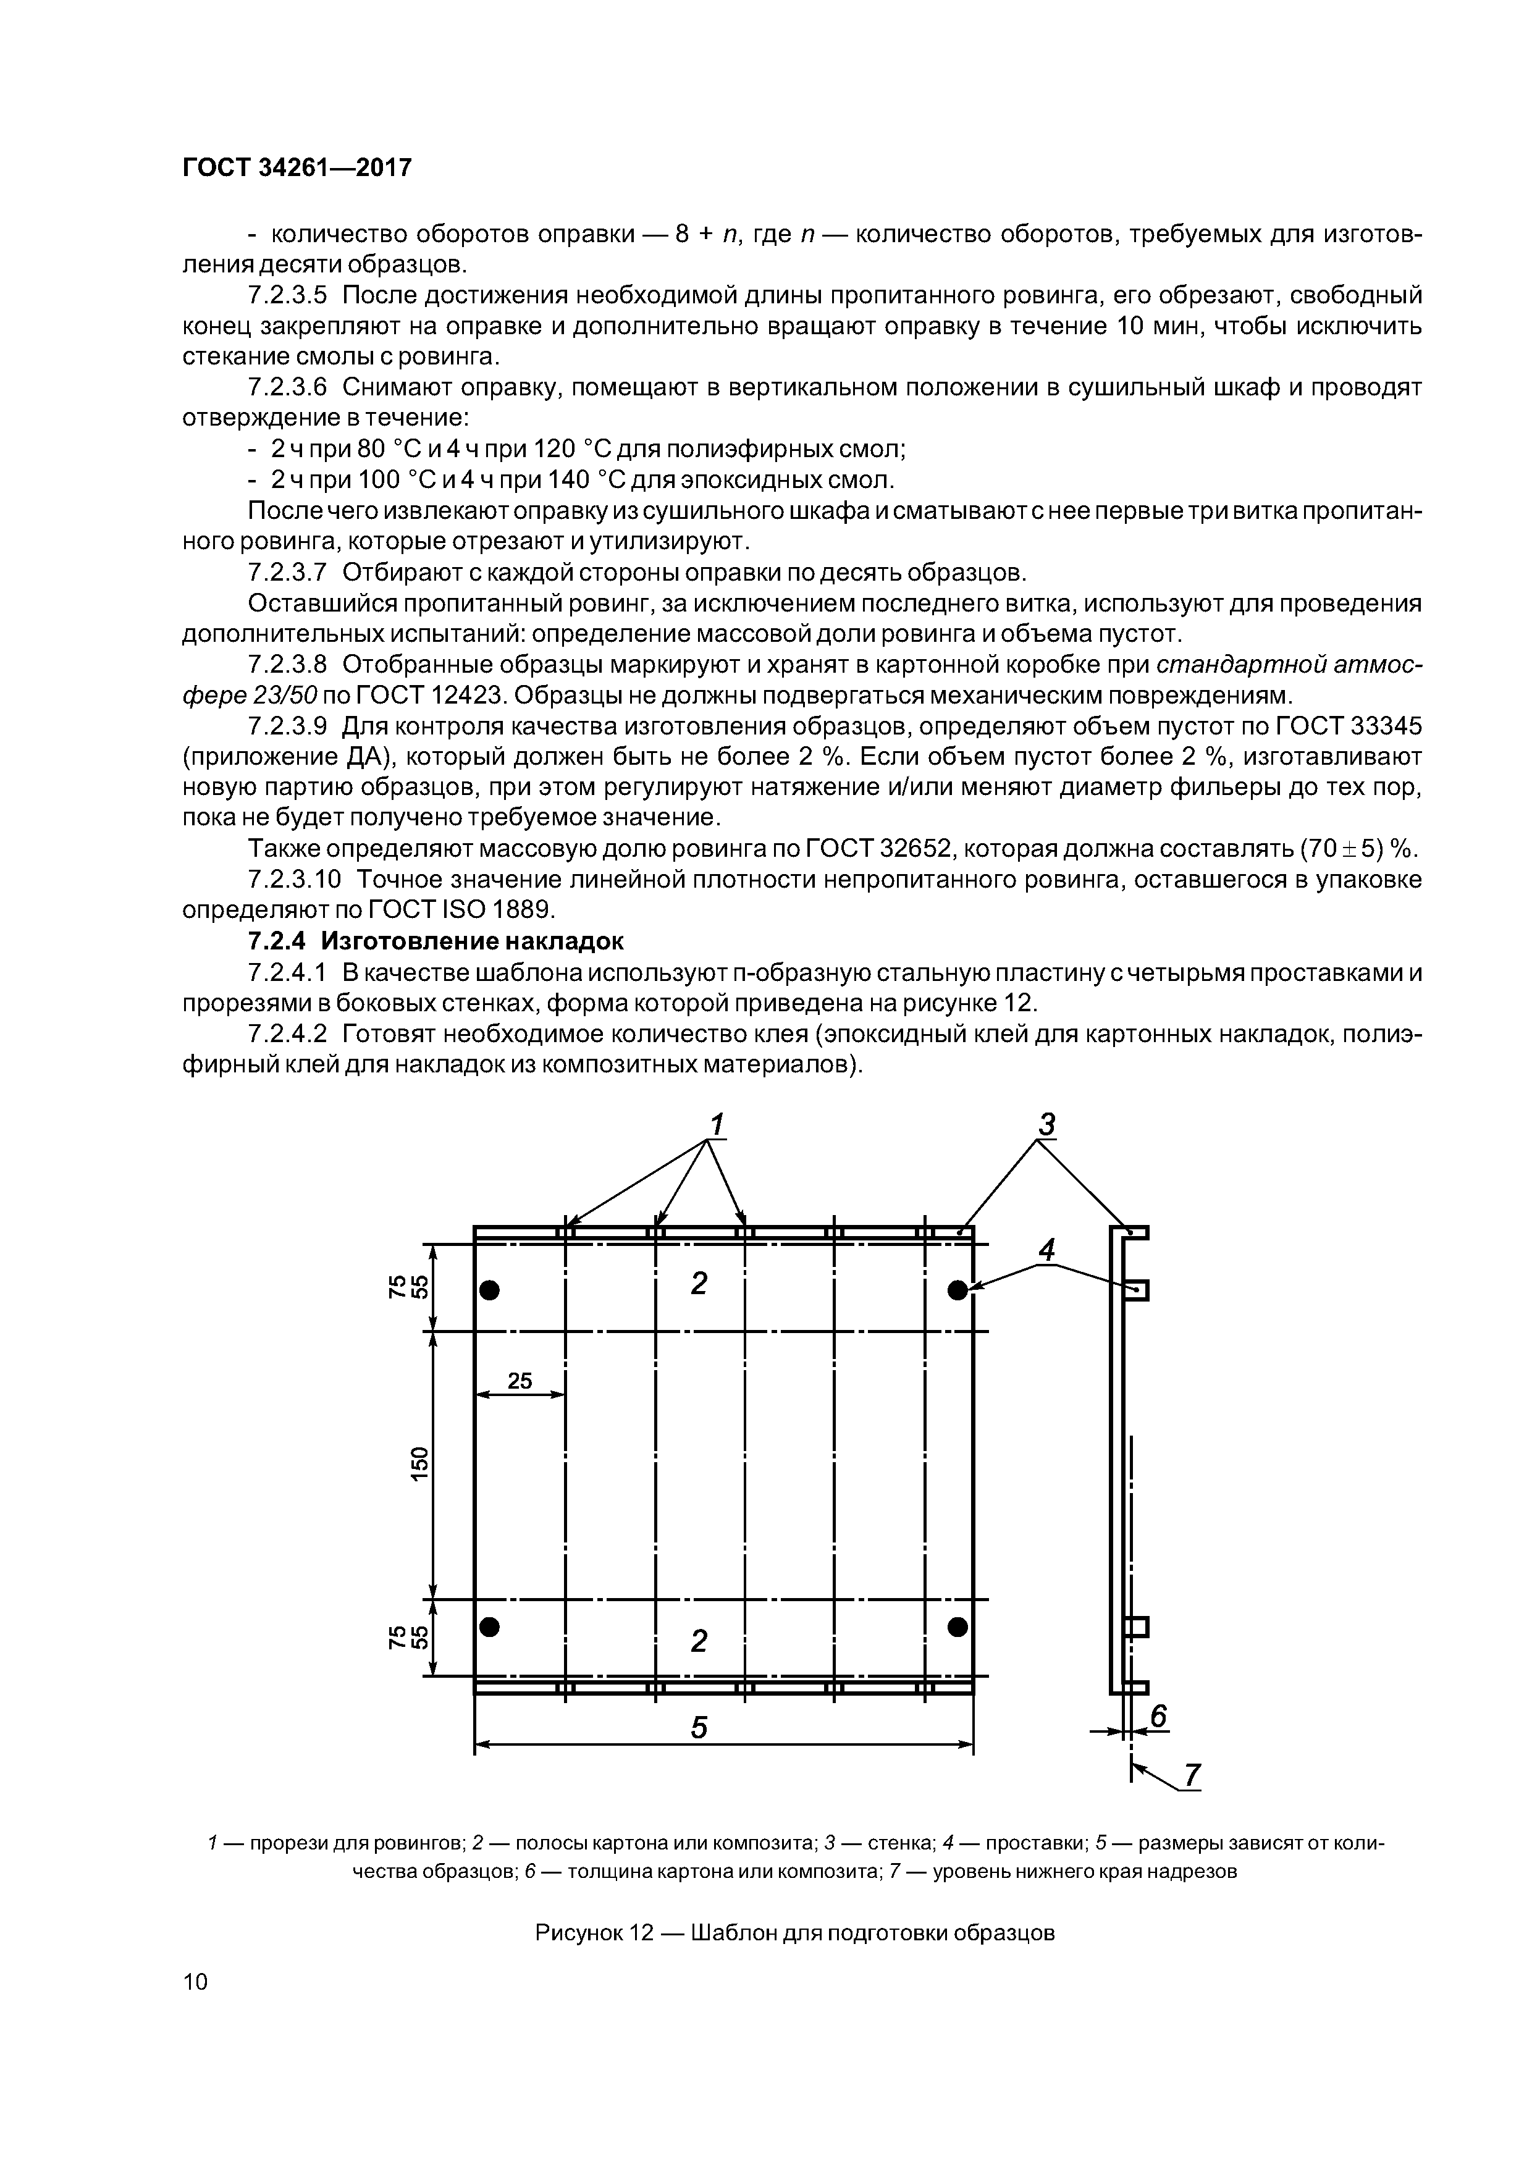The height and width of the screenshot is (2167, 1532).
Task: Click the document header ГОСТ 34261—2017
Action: [297, 168]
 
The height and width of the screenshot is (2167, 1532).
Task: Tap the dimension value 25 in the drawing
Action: [520, 1381]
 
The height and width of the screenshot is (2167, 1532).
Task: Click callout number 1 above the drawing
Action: [717, 1125]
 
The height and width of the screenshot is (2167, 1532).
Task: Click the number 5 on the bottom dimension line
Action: [699, 1727]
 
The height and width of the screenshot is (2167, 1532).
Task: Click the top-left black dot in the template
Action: [489, 1289]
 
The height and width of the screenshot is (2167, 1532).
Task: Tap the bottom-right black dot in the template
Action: [958, 1625]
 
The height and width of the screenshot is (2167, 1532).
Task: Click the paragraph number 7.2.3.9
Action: [287, 726]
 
